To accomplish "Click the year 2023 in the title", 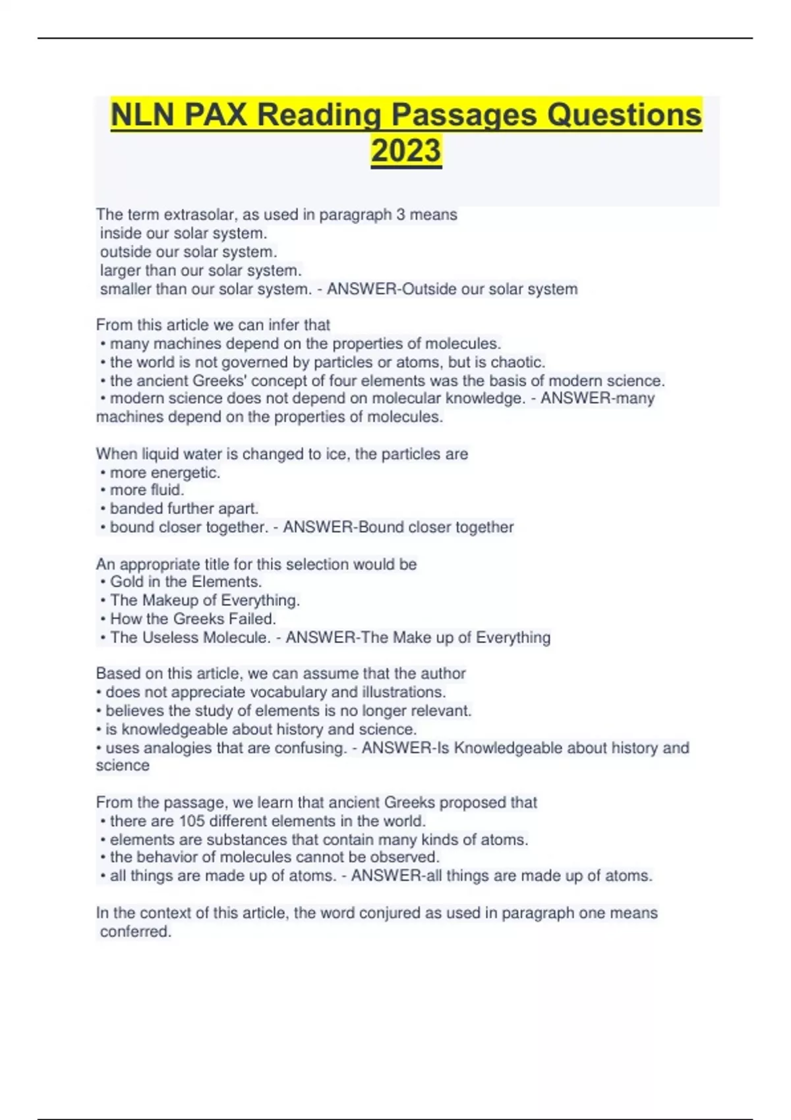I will [406, 150].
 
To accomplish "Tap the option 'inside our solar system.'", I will [183, 233].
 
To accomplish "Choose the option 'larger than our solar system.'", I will [200, 270].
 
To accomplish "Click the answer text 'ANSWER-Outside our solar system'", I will [452, 289].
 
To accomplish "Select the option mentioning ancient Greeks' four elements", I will [387, 381].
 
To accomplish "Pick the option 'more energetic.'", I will [165, 472].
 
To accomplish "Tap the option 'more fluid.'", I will [146, 490].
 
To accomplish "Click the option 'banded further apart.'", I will [184, 509].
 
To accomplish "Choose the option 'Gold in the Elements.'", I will [185, 582].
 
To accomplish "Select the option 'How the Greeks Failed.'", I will [192, 619].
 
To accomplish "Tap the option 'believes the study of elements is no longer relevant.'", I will [288, 711].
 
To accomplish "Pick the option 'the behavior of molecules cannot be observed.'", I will [274, 857].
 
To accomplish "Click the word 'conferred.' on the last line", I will [135, 932].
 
